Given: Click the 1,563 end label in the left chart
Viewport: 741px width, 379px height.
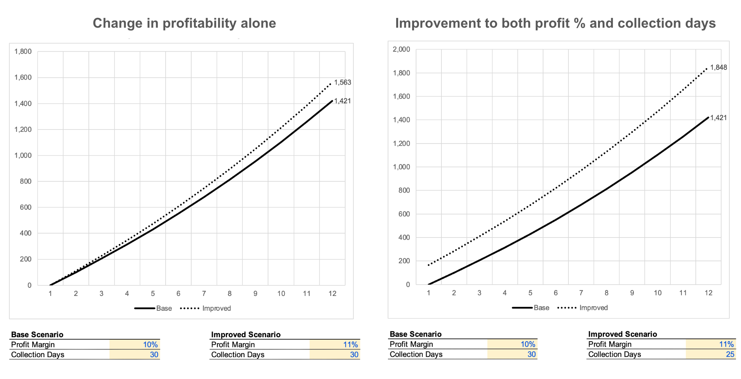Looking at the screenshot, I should click(342, 83).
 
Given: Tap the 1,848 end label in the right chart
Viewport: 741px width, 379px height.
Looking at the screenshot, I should click(718, 67).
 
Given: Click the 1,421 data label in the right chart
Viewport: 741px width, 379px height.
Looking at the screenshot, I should click(718, 118).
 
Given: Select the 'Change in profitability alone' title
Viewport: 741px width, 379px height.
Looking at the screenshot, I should click(184, 23).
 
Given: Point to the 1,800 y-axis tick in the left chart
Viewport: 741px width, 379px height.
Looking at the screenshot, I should click(23, 51).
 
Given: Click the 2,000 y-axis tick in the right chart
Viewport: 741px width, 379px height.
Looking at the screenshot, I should click(401, 50).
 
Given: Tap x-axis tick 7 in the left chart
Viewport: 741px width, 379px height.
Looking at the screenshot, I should click(204, 294).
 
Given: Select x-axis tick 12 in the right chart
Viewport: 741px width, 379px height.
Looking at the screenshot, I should click(708, 293).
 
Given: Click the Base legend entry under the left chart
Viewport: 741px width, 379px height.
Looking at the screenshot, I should click(164, 308).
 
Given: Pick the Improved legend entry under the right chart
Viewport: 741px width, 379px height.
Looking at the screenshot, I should click(593, 308).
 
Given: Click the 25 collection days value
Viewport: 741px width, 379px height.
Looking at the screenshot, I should click(730, 354).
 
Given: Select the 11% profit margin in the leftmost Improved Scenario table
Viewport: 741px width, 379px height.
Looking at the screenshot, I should click(350, 345).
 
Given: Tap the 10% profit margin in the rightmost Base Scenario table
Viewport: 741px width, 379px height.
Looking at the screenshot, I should click(528, 344).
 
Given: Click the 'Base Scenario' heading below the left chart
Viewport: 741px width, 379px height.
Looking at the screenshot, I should click(37, 335).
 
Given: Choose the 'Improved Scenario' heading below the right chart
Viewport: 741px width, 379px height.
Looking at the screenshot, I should click(622, 334).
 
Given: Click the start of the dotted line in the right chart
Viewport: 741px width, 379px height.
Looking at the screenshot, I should click(429, 266).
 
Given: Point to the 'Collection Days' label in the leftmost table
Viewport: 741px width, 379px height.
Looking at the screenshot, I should click(37, 355).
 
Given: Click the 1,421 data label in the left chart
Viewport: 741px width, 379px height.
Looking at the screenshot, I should click(342, 101).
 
